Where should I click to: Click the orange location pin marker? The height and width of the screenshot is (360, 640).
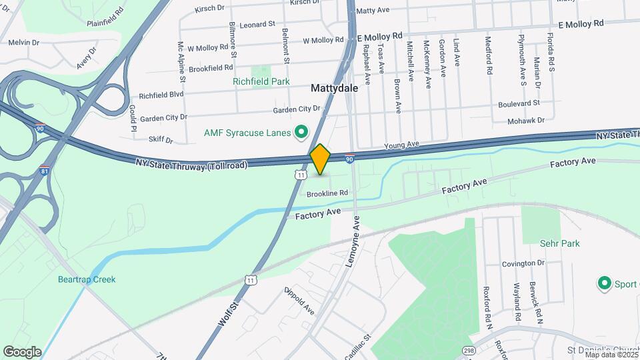pyautogui.click(x=320, y=159)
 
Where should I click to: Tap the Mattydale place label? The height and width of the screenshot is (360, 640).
pyautogui.click(x=334, y=88)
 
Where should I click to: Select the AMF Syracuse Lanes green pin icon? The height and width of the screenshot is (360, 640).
pyautogui.click(x=301, y=133)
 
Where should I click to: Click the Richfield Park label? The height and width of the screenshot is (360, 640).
pyautogui.click(x=261, y=82)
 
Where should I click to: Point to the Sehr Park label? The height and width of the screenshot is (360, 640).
pyautogui.click(x=560, y=243)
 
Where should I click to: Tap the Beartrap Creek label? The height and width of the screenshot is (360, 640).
pyautogui.click(x=87, y=279)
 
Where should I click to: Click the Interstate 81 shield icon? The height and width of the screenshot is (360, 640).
pyautogui.click(x=45, y=171)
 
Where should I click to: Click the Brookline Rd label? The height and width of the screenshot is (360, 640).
pyautogui.click(x=327, y=193)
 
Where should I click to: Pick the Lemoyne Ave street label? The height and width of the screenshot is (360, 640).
pyautogui.click(x=352, y=242)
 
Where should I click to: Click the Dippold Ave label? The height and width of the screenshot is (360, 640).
pyautogui.click(x=299, y=300)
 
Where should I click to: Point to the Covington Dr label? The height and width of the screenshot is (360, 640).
pyautogui.click(x=523, y=263)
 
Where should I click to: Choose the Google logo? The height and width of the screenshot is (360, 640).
pyautogui.click(x=21, y=352)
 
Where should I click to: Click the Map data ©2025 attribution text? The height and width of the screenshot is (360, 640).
pyautogui.click(x=610, y=354)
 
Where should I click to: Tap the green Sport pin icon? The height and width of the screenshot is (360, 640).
pyautogui.click(x=605, y=284)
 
